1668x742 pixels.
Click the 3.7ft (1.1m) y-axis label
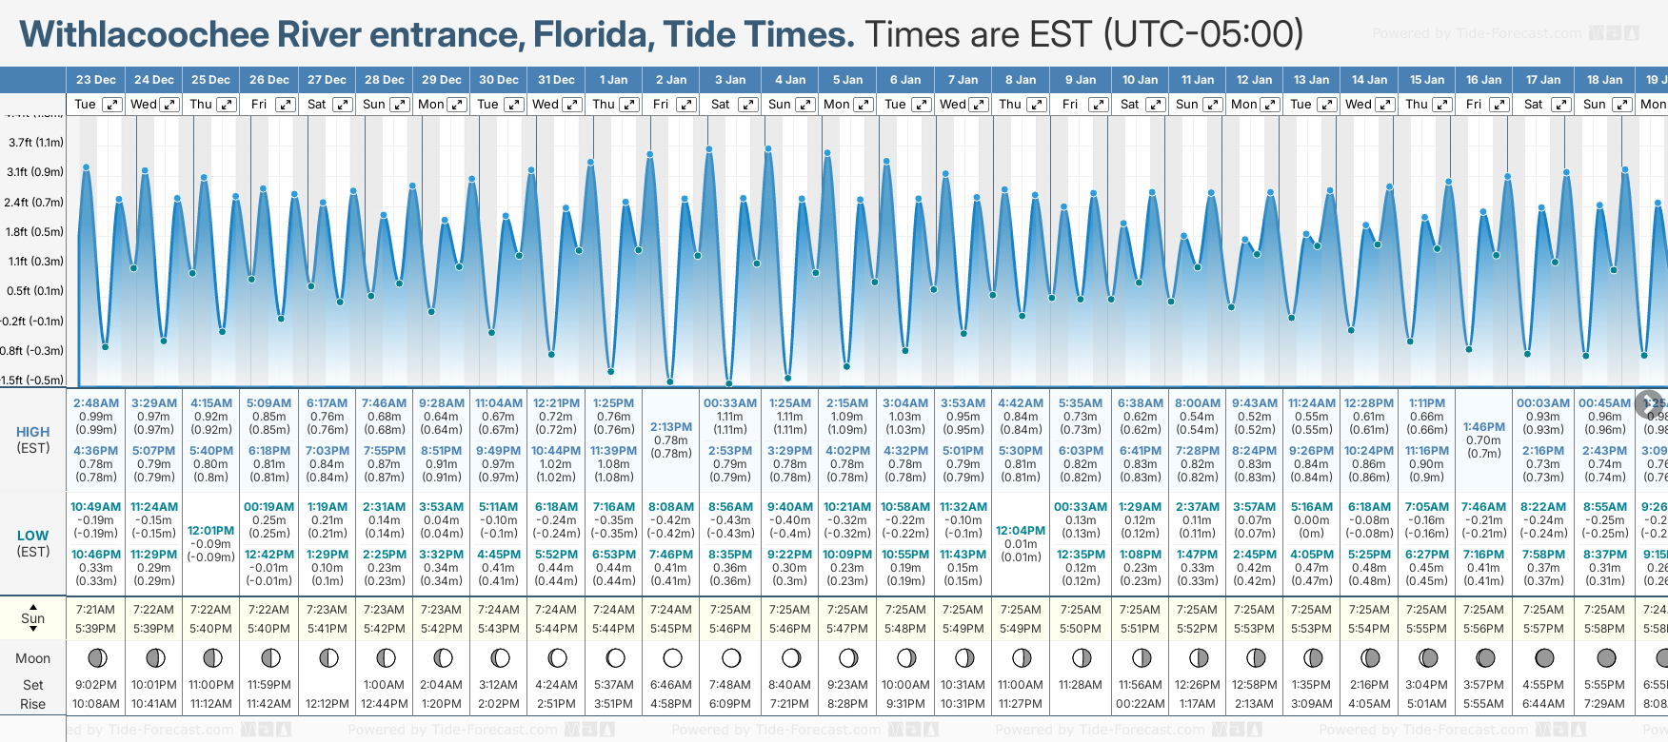pyautogui.click(x=36, y=143)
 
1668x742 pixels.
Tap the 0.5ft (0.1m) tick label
pyautogui.click(x=36, y=291)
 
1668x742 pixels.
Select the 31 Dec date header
pyautogui.click(x=556, y=80)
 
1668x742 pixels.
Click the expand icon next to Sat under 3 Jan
pyautogui.click(x=748, y=105)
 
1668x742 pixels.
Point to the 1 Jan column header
pyautogui.click(x=613, y=80)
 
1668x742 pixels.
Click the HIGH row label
pyautogui.click(x=33, y=432)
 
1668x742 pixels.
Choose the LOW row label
pyautogui.click(x=33, y=536)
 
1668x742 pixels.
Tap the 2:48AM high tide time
pyautogui.click(x=96, y=403)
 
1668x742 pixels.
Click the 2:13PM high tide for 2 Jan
pyautogui.click(x=671, y=427)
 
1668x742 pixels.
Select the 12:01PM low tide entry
pyautogui.click(x=211, y=531)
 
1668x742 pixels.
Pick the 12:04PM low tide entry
pyautogui.click(x=1021, y=531)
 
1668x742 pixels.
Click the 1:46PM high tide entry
pyautogui.click(x=1483, y=427)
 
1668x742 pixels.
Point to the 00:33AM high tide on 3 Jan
pyautogui.click(x=730, y=403)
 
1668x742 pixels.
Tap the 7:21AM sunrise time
pyautogui.click(x=96, y=610)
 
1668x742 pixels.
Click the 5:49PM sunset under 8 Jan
pyautogui.click(x=1021, y=629)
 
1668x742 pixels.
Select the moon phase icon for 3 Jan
pyautogui.click(x=731, y=657)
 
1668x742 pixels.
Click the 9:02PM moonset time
pyautogui.click(x=96, y=685)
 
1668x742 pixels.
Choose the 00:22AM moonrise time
pyautogui.click(x=1140, y=704)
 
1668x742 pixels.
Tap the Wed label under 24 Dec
pyautogui.click(x=144, y=105)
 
